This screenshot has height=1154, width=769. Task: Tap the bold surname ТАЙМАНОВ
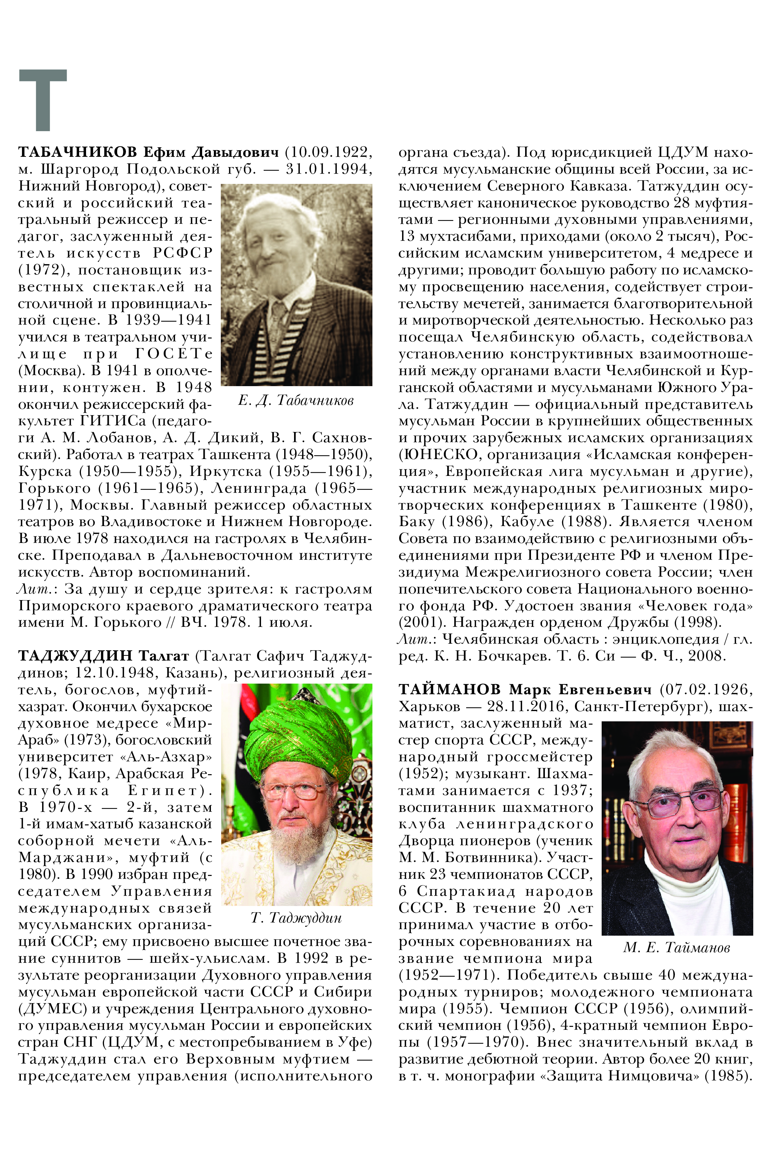click(x=449, y=689)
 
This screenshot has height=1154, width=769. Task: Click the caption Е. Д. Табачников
click(x=296, y=401)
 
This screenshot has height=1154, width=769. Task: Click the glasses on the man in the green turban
click(x=293, y=789)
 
